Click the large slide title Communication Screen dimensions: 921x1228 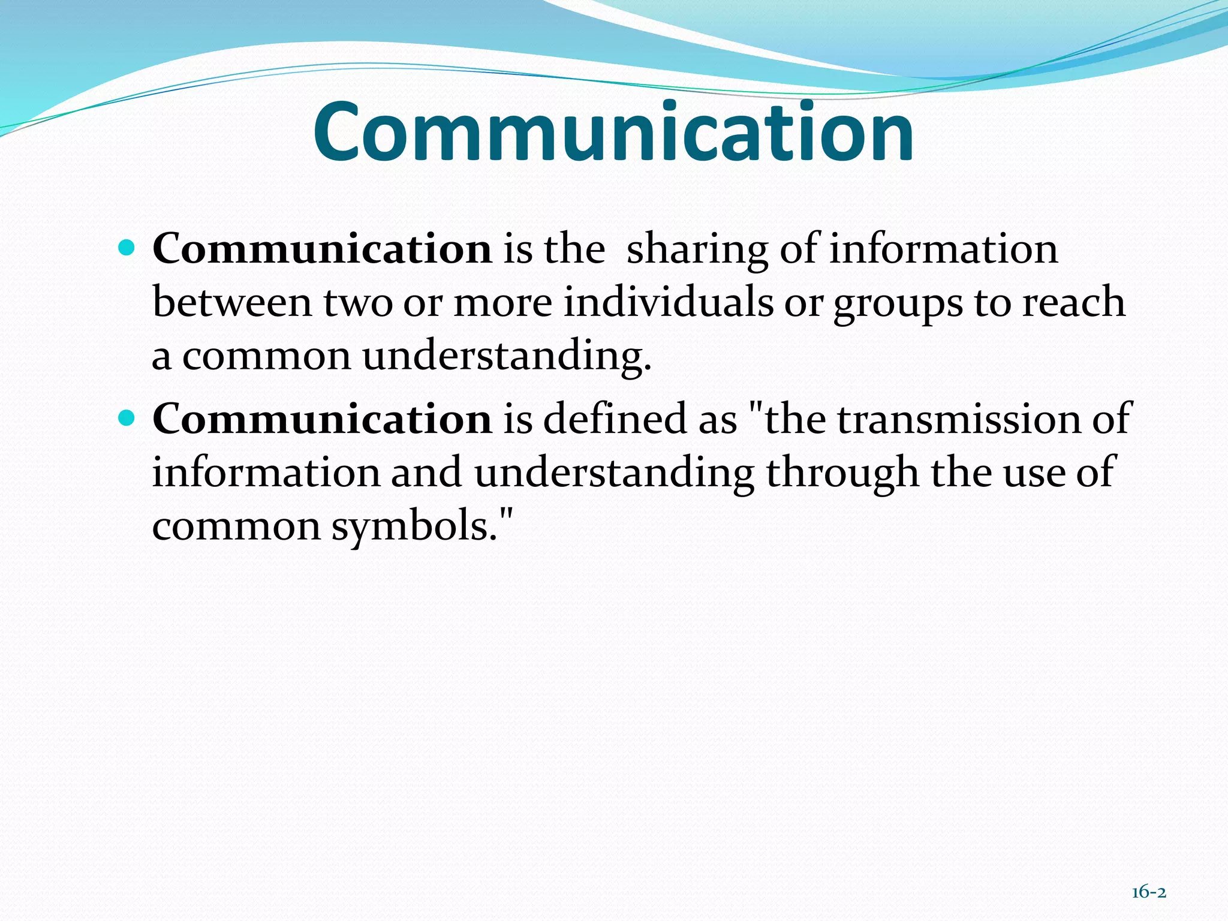point(613,133)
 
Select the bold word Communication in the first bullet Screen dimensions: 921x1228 point(322,249)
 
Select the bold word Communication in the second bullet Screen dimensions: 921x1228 point(322,419)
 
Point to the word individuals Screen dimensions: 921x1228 point(668,302)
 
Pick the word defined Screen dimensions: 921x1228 point(615,419)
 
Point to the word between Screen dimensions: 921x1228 point(232,302)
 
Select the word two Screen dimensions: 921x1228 point(357,303)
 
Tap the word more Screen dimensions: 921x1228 point(502,303)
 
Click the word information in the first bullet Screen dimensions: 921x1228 point(943,249)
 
